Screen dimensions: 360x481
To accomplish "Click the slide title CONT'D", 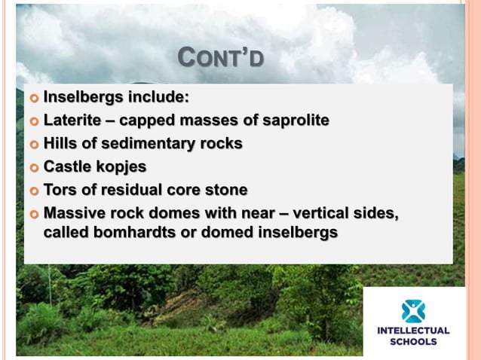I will click(220, 57).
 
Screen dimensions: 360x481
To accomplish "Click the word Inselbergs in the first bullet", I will click(80, 97).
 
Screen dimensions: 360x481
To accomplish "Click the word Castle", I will click(67, 166).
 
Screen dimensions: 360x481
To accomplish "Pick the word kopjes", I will click(123, 166).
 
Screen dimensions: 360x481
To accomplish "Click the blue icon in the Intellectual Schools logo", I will click(413, 311).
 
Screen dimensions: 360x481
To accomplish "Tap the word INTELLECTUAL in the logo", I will click(413, 331).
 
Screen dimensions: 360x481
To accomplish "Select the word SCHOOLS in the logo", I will click(413, 341).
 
